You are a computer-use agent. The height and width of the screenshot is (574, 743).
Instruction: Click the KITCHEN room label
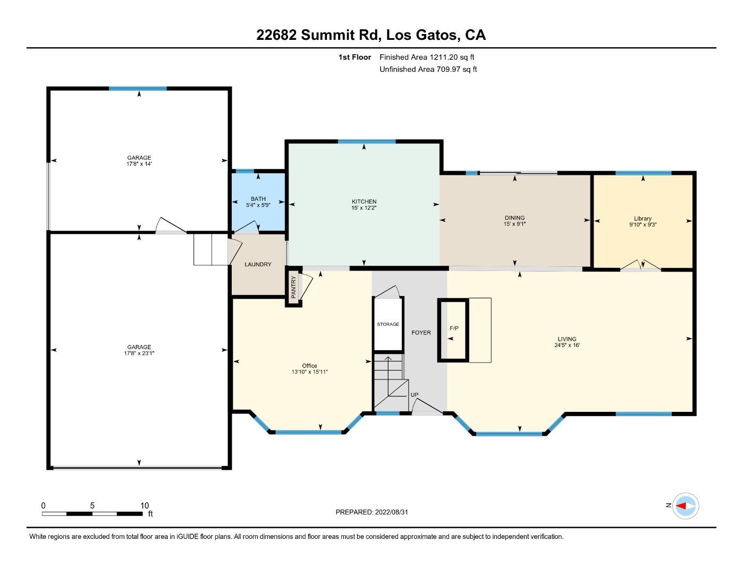(x=364, y=201)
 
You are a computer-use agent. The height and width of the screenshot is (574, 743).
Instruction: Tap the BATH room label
(x=258, y=199)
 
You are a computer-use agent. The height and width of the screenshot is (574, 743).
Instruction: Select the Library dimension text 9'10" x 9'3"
(x=643, y=225)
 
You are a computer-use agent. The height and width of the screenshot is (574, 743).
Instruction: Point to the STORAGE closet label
(x=388, y=324)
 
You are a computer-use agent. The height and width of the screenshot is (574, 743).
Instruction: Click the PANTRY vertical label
(x=293, y=287)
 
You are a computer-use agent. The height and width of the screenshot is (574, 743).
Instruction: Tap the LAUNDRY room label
(x=258, y=265)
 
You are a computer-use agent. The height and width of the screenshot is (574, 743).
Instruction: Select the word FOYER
(x=421, y=333)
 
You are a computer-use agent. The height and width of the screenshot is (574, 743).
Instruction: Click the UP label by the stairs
(x=415, y=395)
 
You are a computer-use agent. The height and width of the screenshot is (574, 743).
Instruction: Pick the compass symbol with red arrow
(x=685, y=505)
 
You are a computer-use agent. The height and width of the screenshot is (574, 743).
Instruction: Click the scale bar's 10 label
(x=145, y=505)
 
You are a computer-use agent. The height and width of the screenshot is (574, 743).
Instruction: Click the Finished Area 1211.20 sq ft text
(x=427, y=57)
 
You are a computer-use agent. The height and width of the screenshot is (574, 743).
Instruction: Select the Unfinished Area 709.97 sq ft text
(x=428, y=69)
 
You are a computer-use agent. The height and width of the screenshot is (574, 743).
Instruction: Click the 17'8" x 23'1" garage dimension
(x=139, y=353)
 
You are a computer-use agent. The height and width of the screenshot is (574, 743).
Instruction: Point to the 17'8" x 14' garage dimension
(x=139, y=164)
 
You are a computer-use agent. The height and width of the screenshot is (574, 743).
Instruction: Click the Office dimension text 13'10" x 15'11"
(x=309, y=372)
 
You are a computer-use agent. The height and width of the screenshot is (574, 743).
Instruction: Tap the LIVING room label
(x=567, y=339)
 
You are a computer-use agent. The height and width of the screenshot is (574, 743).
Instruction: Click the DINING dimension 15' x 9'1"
(x=514, y=224)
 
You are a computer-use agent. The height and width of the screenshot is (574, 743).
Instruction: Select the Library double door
(x=640, y=265)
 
